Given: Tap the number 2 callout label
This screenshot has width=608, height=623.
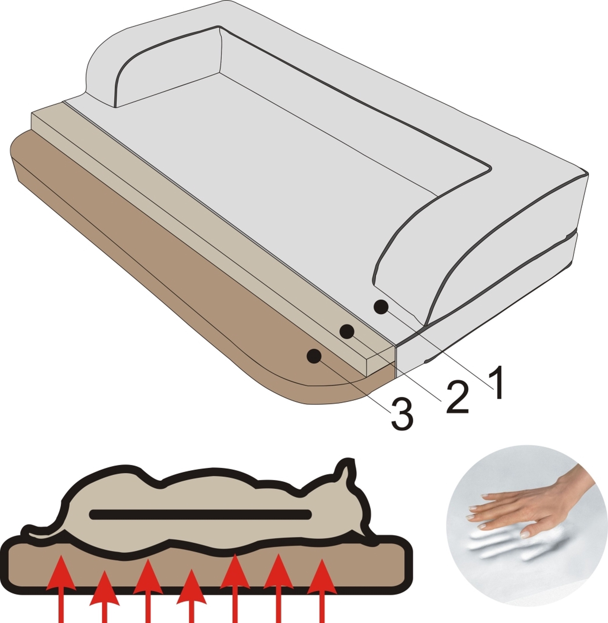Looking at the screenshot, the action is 457,397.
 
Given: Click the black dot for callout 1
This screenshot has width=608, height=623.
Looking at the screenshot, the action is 381,307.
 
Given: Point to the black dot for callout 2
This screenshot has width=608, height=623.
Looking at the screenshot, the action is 347,332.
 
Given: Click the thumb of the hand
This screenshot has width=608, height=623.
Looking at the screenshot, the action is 530,532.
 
